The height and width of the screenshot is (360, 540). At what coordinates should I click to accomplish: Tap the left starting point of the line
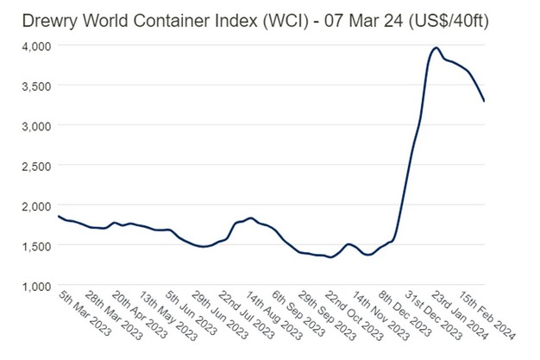pos(58,216)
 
